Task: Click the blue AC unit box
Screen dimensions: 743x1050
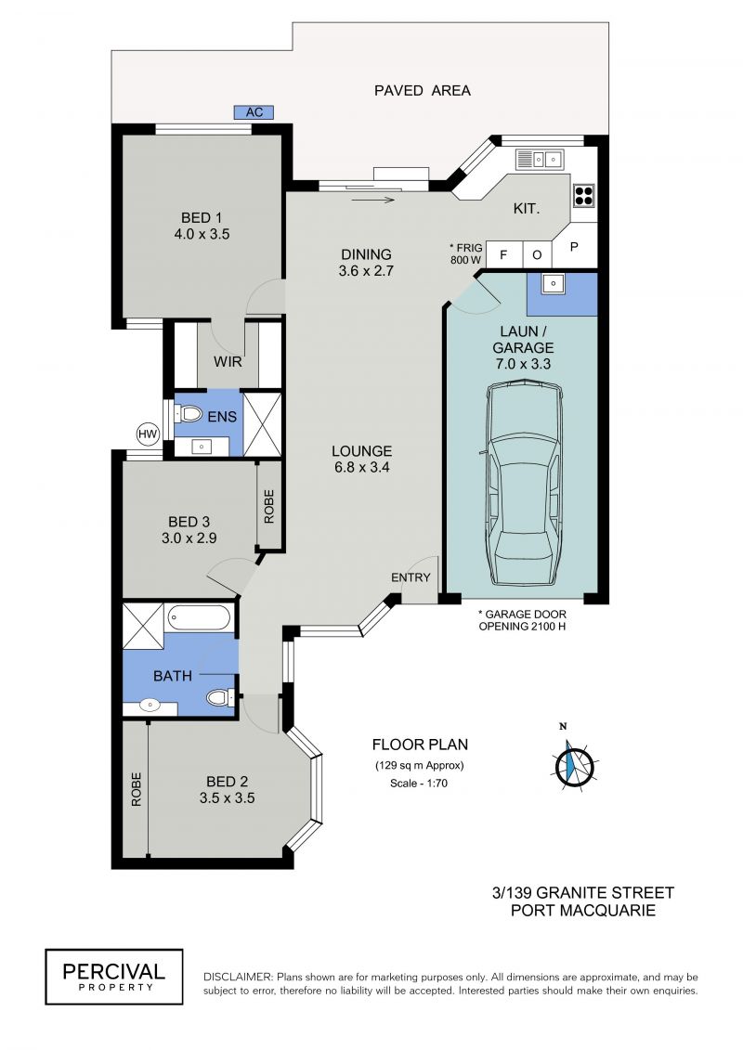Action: pos(254,111)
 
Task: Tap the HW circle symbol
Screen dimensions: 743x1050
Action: pos(148,434)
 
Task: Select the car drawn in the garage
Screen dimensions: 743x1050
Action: pos(523,482)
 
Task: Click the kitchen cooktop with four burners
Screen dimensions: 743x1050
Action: pos(583,195)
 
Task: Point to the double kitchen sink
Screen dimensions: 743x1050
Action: pos(539,160)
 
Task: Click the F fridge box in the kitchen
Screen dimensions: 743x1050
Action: pos(503,254)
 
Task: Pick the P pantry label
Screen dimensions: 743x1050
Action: pos(574,246)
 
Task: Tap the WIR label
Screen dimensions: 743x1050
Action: pos(228,362)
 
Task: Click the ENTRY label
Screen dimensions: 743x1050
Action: pos(411,577)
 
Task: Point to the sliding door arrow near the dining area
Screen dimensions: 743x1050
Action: pos(373,200)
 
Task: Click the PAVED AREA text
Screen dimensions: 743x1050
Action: pos(422,90)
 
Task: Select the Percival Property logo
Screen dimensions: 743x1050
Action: pos(114,977)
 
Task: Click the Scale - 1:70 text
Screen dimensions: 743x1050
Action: pos(419,783)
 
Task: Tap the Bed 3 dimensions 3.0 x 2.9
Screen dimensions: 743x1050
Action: pos(189,538)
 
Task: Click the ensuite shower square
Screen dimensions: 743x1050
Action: pos(262,424)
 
